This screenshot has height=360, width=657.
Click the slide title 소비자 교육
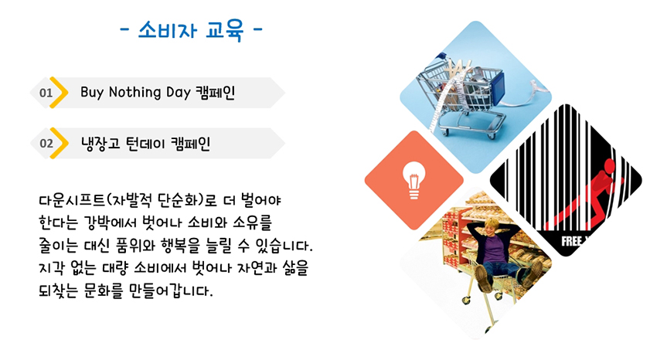(191, 30)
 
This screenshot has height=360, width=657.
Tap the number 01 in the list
(46, 93)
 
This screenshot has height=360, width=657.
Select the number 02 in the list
(46, 144)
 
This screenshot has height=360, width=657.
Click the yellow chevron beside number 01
(59, 93)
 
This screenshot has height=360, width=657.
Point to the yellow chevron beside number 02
(59, 143)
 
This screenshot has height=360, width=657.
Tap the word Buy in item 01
(92, 93)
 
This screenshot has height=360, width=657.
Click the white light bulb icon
(414, 180)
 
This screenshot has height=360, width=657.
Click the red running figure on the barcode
(587, 195)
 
